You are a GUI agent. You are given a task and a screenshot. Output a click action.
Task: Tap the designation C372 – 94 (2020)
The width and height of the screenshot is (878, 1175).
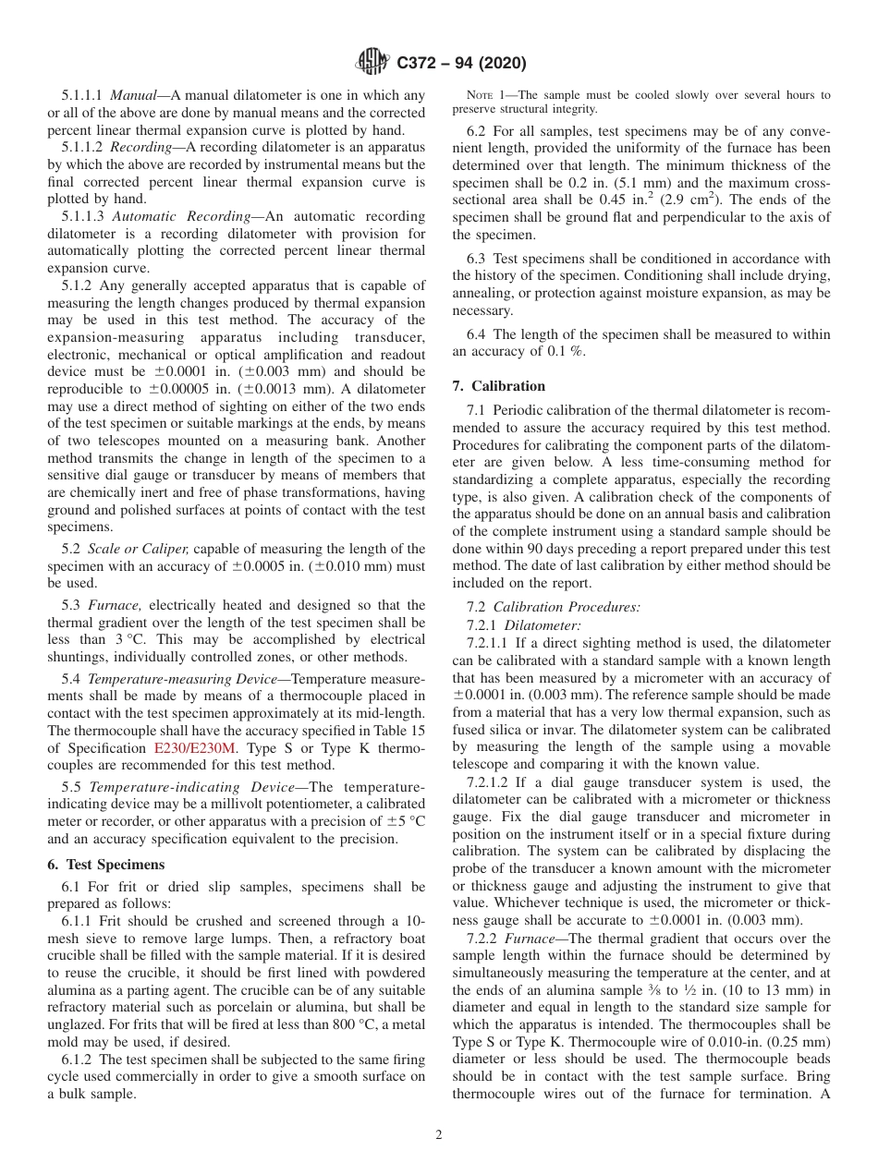point(461,64)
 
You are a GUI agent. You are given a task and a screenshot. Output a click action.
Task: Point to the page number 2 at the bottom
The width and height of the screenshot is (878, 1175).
point(439,1135)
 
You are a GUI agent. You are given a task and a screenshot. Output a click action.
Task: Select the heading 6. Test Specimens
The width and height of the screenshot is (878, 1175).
point(105,865)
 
